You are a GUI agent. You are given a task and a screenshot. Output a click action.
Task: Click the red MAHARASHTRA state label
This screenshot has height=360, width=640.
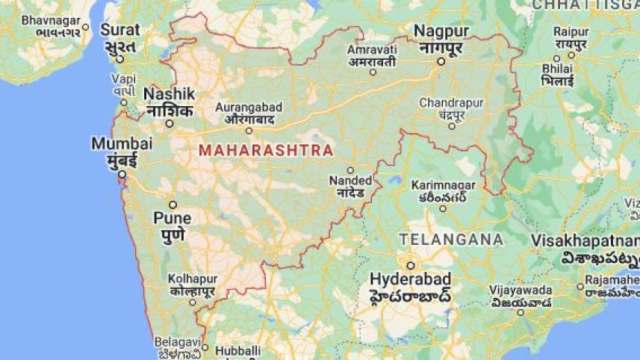pyautogui.click(x=266, y=150)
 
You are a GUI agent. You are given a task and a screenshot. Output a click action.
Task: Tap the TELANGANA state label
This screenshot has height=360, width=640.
pyautogui.click(x=450, y=239)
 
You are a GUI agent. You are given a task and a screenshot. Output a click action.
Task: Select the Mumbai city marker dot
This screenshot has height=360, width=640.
pyautogui.click(x=122, y=174)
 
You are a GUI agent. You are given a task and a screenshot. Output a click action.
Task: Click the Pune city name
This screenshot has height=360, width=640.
pyautogui.click(x=173, y=219)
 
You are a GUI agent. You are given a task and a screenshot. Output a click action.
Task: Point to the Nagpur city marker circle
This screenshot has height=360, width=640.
pyautogui.click(x=441, y=61)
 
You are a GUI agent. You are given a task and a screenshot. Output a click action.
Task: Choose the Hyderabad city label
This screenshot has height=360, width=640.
pyautogui.click(x=410, y=279)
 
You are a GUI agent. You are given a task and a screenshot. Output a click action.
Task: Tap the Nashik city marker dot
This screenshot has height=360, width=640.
pyautogui.click(x=170, y=123)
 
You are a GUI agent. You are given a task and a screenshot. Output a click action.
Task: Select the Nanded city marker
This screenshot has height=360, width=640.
pyautogui.click(x=350, y=170)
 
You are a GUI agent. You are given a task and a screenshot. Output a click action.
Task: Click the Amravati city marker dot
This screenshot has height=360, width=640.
pyautogui.click(x=373, y=72)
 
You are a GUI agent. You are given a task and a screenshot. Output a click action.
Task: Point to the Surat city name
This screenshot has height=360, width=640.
pyautogui.click(x=121, y=30)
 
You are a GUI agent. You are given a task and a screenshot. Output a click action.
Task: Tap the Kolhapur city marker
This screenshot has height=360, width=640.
pyautogui.click(x=192, y=302)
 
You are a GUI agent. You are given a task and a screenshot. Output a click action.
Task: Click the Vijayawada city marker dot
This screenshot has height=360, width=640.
pyautogui.click(x=521, y=311)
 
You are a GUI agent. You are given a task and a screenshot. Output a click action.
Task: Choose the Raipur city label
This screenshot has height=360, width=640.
pyautogui.click(x=571, y=31)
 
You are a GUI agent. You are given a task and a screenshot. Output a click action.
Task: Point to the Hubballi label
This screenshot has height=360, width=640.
pyautogui.click(x=237, y=350)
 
